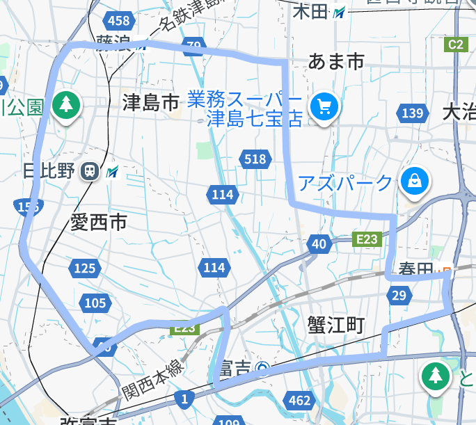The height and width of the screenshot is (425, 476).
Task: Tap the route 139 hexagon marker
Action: pyautogui.click(x=412, y=113)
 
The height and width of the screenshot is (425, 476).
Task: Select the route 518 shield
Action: pyautogui.click(x=255, y=159)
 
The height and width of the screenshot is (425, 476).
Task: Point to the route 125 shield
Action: pyautogui.click(x=84, y=268)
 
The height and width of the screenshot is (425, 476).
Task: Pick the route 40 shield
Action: pyautogui.click(x=319, y=243)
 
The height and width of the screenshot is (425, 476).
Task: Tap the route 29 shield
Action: pyautogui.click(x=398, y=296)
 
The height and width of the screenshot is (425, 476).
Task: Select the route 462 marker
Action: pyautogui.click(x=299, y=400)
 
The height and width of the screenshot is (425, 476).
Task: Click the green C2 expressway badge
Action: pyautogui.click(x=454, y=45)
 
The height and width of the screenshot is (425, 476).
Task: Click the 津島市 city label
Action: pyautogui.click(x=151, y=103)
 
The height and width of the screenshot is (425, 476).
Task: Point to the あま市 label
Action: pyautogui.click(x=336, y=63)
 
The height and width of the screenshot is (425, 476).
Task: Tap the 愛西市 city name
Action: pyautogui.click(x=99, y=223)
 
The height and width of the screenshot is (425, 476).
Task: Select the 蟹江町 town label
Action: pyautogui.click(x=336, y=324)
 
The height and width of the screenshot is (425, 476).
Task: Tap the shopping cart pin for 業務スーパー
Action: pyautogui.click(x=324, y=106)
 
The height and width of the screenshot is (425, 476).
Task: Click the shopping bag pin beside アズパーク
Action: pyautogui.click(x=415, y=182)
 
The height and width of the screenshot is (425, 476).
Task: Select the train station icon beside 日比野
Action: pyautogui.click(x=90, y=171)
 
